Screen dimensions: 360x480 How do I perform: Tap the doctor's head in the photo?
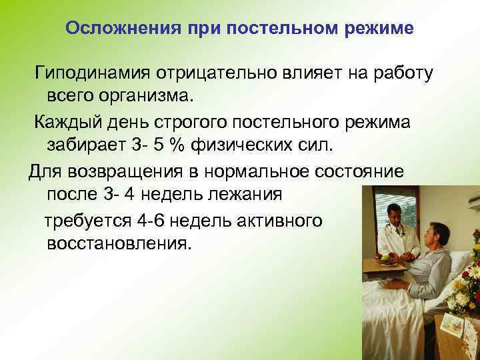(x=393, y=214)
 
